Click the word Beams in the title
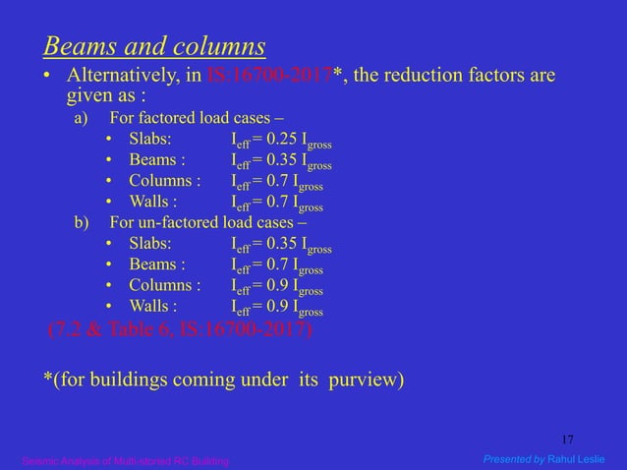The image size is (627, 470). pos(75,46)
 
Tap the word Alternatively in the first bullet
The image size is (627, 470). pos(122,77)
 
